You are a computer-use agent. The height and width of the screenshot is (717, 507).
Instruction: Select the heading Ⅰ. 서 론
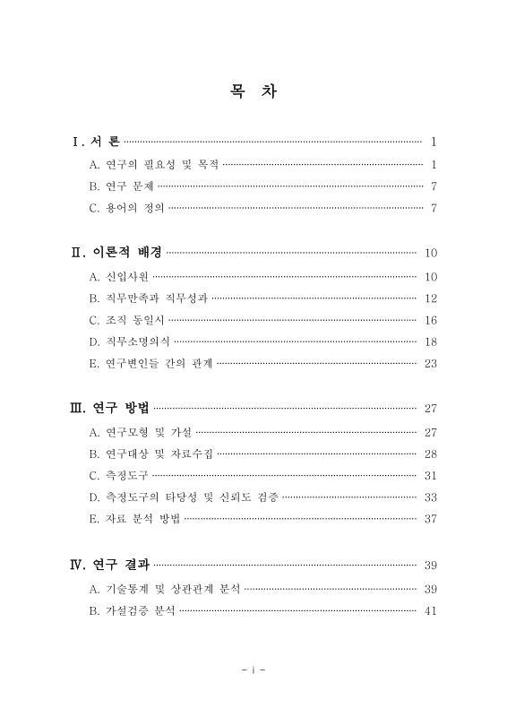point(96,142)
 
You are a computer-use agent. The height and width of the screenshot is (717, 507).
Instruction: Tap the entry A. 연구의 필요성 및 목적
point(154,165)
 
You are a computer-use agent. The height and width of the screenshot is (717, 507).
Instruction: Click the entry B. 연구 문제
point(122,187)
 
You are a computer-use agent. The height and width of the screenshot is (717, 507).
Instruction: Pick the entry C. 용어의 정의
point(127,210)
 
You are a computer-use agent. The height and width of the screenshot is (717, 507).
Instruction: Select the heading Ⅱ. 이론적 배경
point(116,253)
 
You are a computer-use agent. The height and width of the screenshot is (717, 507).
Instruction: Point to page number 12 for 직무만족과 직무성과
point(430,298)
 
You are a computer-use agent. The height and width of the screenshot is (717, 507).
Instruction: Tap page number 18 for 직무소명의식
point(430,341)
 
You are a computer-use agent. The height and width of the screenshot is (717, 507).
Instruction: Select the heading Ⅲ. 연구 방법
point(110,409)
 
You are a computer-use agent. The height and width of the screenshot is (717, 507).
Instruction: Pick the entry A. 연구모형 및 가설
point(141,431)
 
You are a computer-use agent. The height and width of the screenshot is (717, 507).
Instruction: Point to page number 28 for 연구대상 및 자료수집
point(430,454)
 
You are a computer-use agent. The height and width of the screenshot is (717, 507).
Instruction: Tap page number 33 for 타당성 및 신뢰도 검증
point(430,497)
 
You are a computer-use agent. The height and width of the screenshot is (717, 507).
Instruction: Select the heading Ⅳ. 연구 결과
point(110,565)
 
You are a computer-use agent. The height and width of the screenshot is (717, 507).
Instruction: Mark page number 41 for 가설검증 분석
point(430,611)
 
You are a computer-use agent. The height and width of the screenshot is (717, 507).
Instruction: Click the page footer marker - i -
point(254,669)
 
